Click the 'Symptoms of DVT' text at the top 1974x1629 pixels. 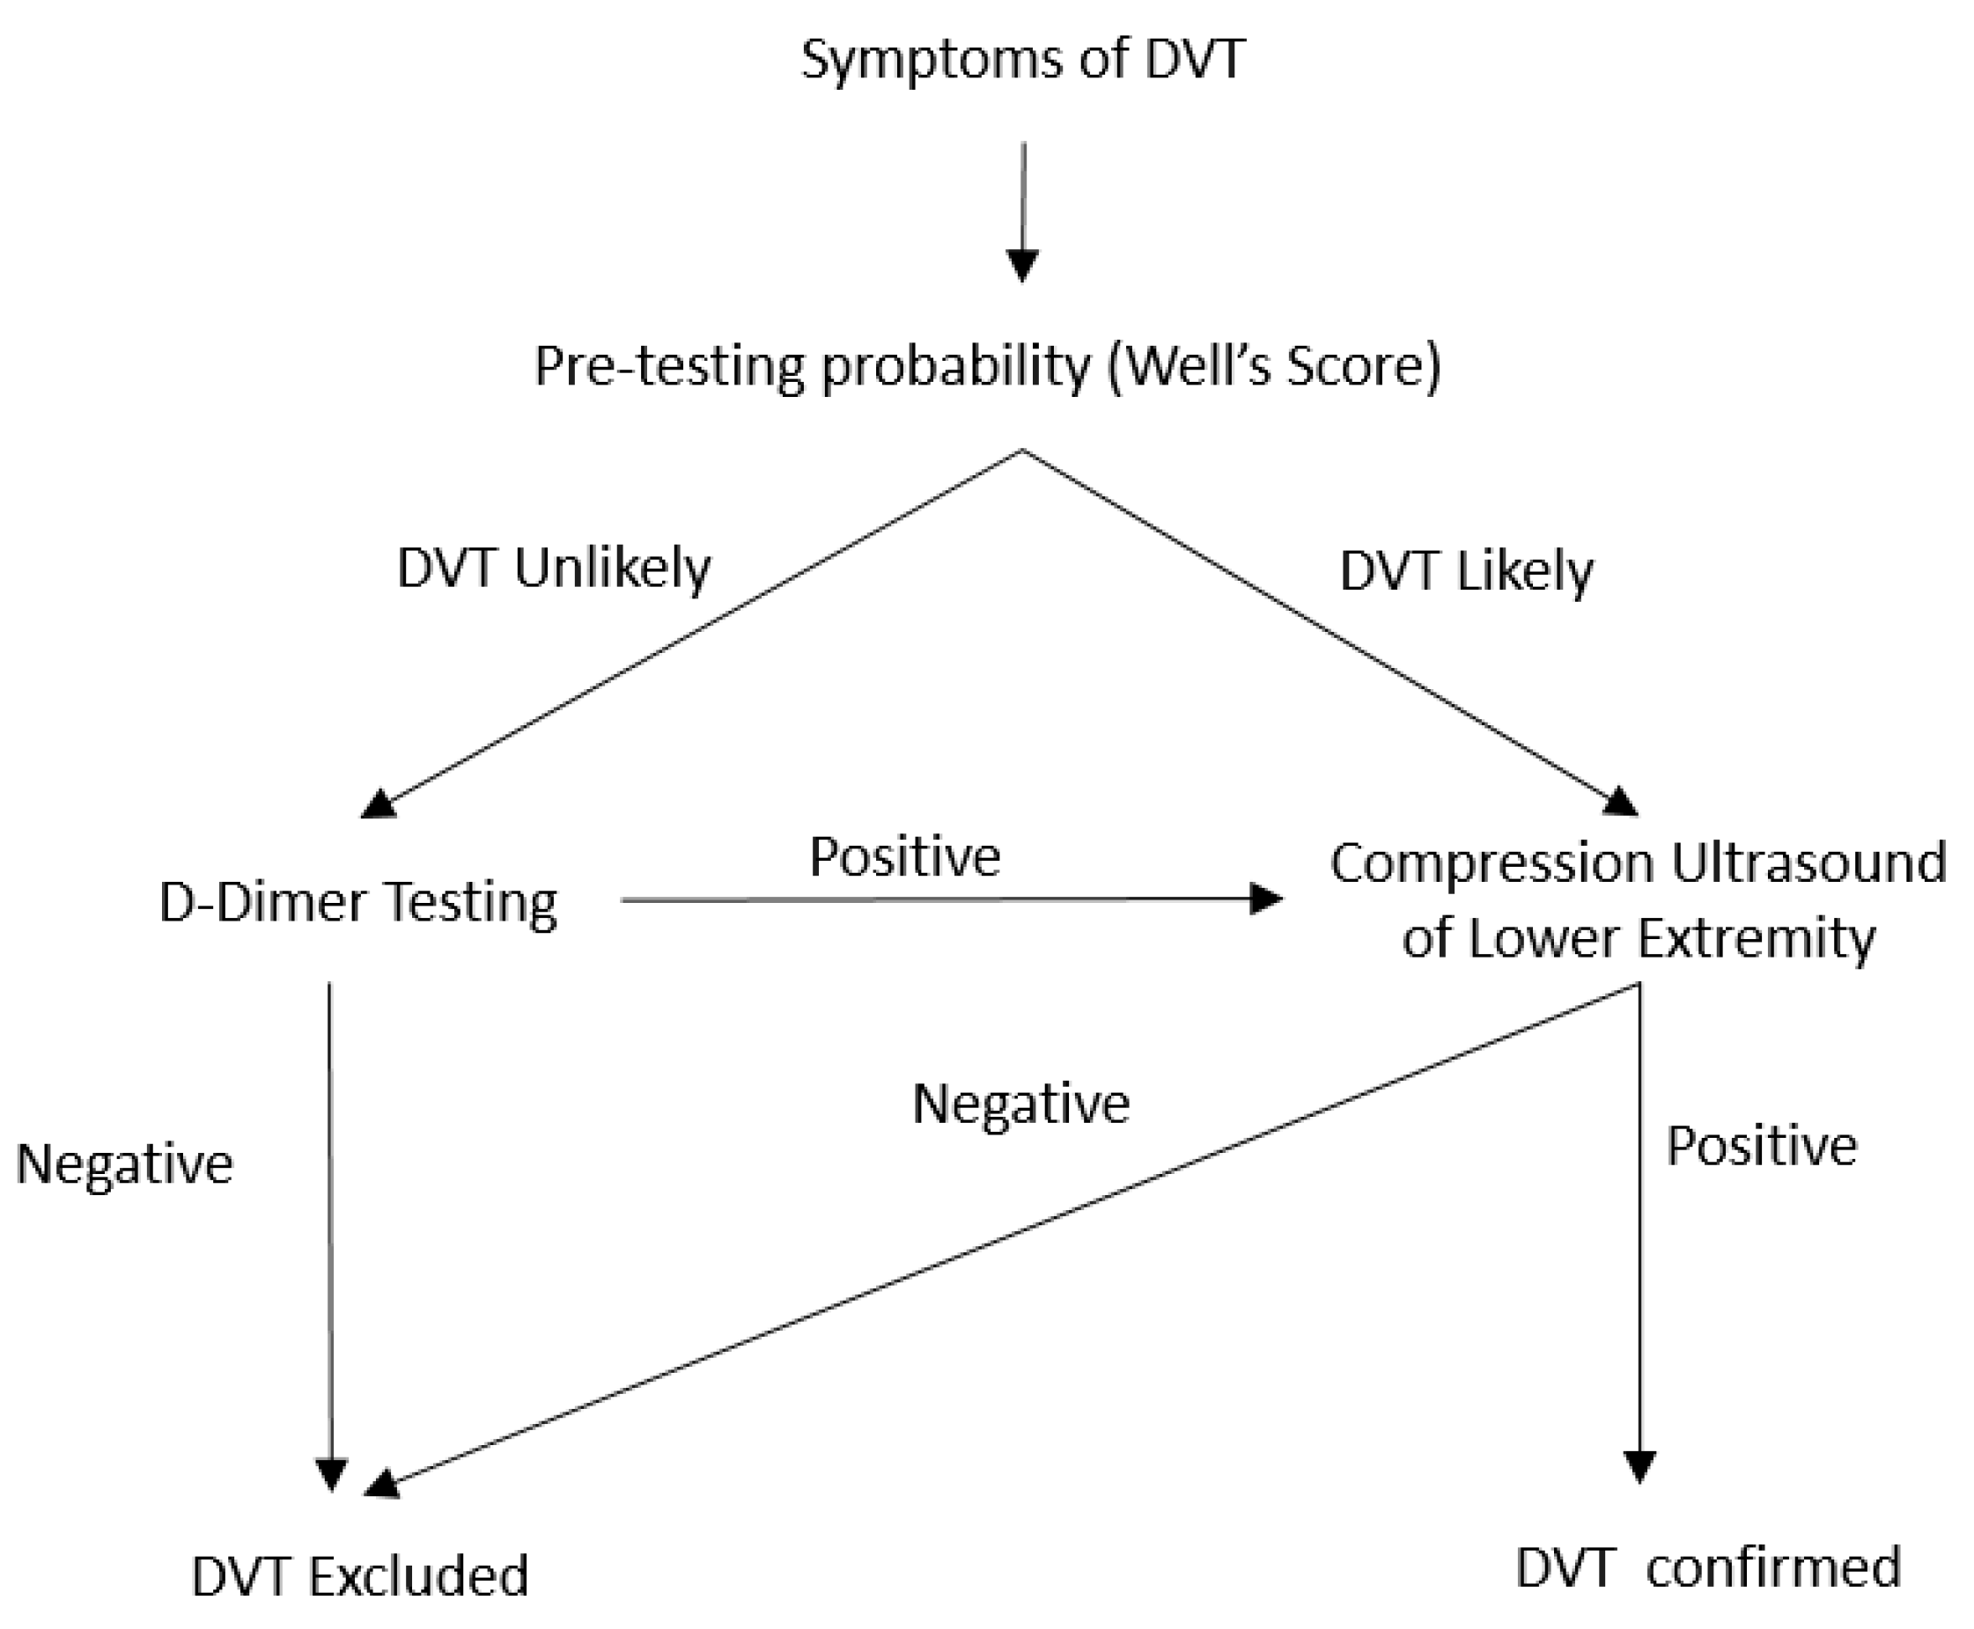(x=1021, y=59)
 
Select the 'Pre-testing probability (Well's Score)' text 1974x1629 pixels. (x=986, y=366)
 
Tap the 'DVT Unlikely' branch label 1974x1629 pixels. (x=554, y=569)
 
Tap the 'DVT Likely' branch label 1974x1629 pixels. (x=1466, y=571)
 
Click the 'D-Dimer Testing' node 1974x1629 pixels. (x=357, y=903)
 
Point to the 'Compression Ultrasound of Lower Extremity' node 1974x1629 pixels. (x=1638, y=899)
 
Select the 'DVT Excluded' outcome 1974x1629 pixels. (x=360, y=1575)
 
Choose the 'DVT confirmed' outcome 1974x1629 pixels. (x=1707, y=1567)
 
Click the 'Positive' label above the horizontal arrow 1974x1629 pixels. (x=905, y=856)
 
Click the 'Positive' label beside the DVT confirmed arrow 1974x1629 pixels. (x=1761, y=1146)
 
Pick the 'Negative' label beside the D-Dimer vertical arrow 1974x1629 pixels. (x=125, y=1164)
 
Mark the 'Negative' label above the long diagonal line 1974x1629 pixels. (x=1020, y=1104)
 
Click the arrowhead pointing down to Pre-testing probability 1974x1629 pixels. (x=1021, y=266)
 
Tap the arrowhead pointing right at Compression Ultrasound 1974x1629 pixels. (x=1266, y=899)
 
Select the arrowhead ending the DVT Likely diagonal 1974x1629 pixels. (x=1619, y=803)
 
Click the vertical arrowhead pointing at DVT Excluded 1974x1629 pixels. (x=331, y=1474)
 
